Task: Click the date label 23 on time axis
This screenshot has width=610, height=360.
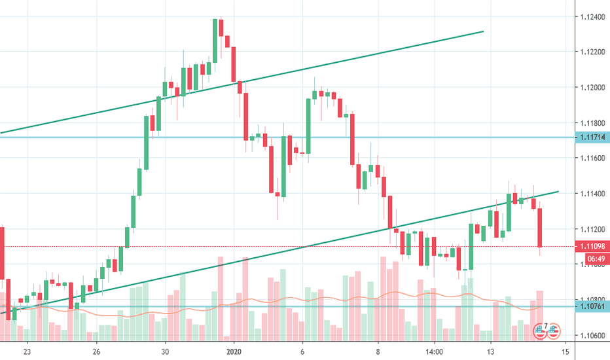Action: pos(27,350)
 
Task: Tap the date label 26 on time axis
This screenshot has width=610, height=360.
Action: pos(96,350)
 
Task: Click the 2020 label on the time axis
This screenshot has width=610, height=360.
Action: pos(235,350)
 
